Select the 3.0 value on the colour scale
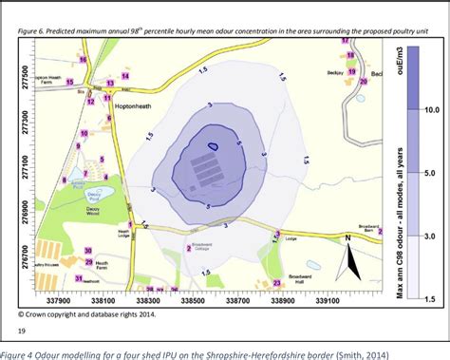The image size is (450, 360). (428, 235)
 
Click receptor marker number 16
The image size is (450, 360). (83, 59)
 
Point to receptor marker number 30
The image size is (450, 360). (87, 251)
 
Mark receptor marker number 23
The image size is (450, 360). (277, 283)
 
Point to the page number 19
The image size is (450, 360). (22, 332)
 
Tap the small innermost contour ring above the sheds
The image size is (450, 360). (215, 145)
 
